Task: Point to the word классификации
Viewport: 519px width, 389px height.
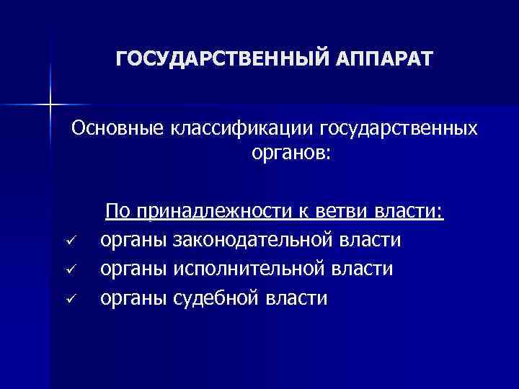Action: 240,128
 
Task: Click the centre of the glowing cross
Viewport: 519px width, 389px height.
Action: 50,105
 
